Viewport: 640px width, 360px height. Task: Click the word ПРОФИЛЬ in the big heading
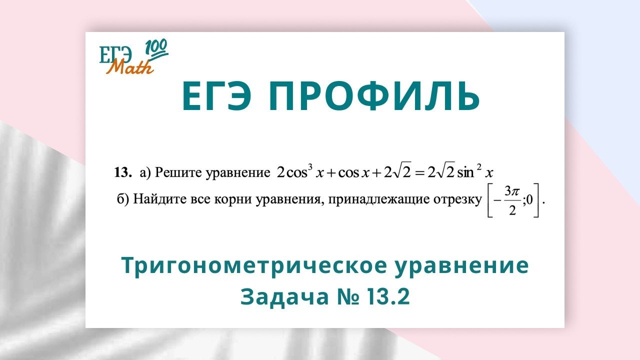[374, 96]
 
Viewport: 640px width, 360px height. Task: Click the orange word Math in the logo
[130, 66]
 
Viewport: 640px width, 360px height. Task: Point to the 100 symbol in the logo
[156, 49]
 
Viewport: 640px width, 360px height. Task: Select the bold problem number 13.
[123, 172]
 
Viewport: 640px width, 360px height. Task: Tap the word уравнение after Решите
[237, 173]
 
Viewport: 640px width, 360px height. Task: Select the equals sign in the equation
[419, 173]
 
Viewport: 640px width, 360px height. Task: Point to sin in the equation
[465, 173]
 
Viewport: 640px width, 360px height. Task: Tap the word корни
[232, 200]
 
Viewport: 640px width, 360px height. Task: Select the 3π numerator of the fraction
[512, 191]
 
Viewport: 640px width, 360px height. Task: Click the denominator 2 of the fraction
[512, 211]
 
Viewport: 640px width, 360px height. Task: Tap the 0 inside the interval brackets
[529, 200]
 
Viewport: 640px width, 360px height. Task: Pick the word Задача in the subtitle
[285, 296]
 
